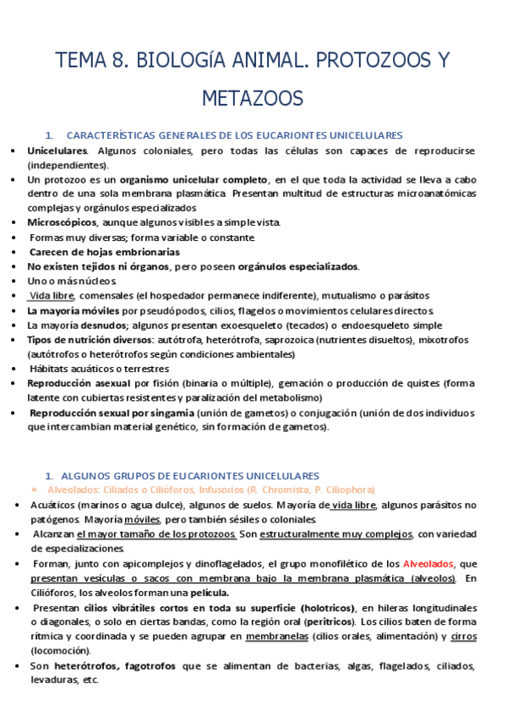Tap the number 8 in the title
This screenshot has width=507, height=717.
coord(117,61)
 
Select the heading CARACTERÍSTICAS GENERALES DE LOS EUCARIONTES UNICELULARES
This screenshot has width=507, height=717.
coord(234,135)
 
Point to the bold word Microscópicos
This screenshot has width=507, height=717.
coord(63,222)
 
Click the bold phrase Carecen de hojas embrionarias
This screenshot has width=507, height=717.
coord(105,252)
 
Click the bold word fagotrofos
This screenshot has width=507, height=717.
coord(146,666)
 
